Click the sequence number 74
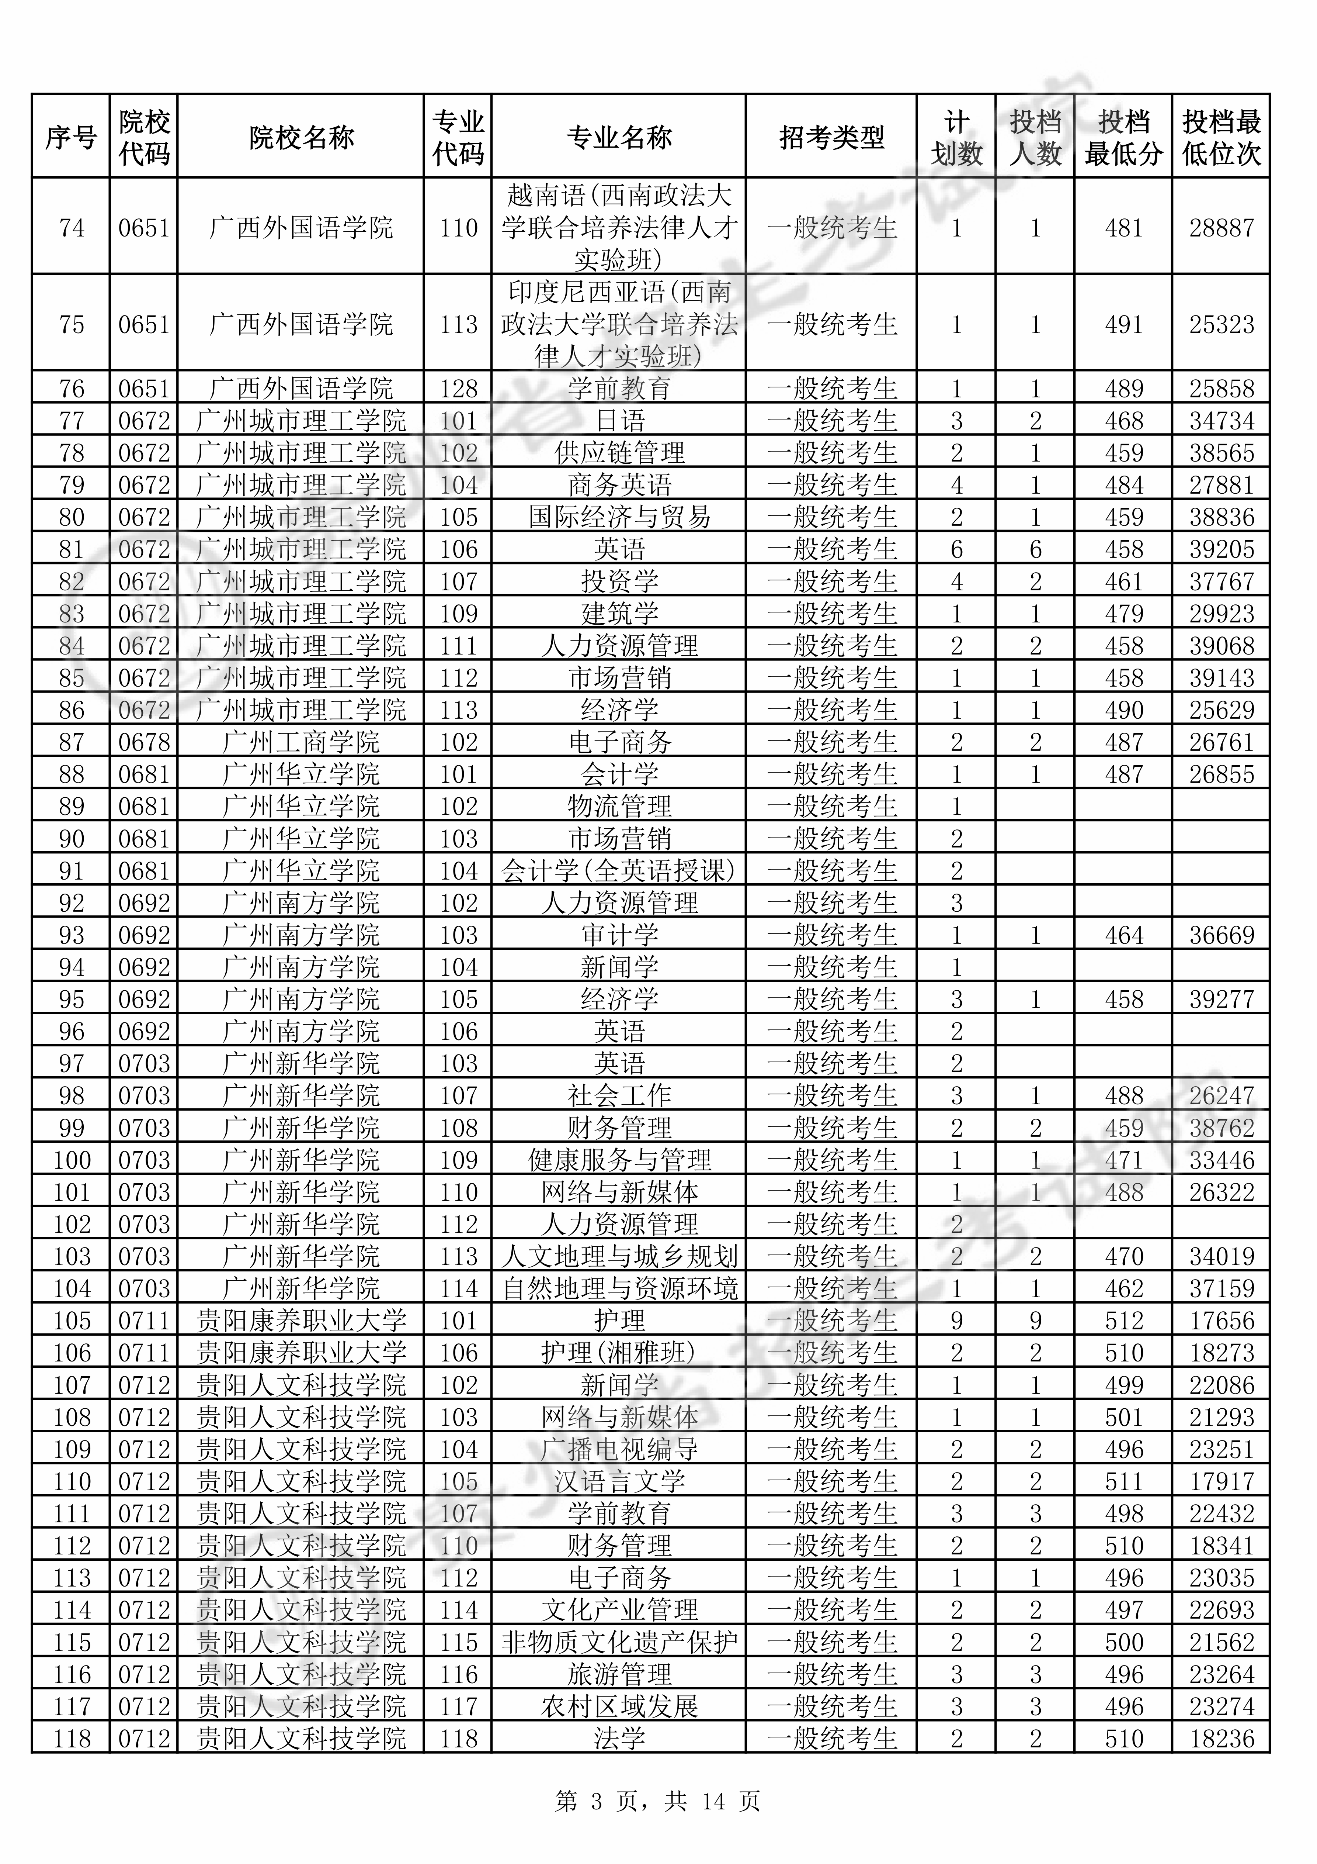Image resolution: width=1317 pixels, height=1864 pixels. click(x=72, y=228)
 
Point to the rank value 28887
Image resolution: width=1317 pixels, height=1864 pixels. click(x=1221, y=228)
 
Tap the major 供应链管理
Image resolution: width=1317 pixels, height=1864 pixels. click(x=619, y=453)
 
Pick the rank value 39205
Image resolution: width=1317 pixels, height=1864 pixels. click(x=1221, y=550)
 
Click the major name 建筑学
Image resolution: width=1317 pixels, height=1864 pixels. click(x=619, y=614)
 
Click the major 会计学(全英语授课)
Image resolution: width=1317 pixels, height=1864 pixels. click(x=619, y=871)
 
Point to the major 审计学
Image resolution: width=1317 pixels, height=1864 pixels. click(x=619, y=935)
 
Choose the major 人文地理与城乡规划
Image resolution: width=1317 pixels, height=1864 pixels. click(x=619, y=1257)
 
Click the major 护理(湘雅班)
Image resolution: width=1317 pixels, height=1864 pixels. click(x=619, y=1353)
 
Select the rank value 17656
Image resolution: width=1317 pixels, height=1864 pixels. click(x=1221, y=1321)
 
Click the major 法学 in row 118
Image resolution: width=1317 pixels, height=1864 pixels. click(x=619, y=1739)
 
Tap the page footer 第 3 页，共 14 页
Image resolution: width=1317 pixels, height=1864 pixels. click(x=658, y=1802)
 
